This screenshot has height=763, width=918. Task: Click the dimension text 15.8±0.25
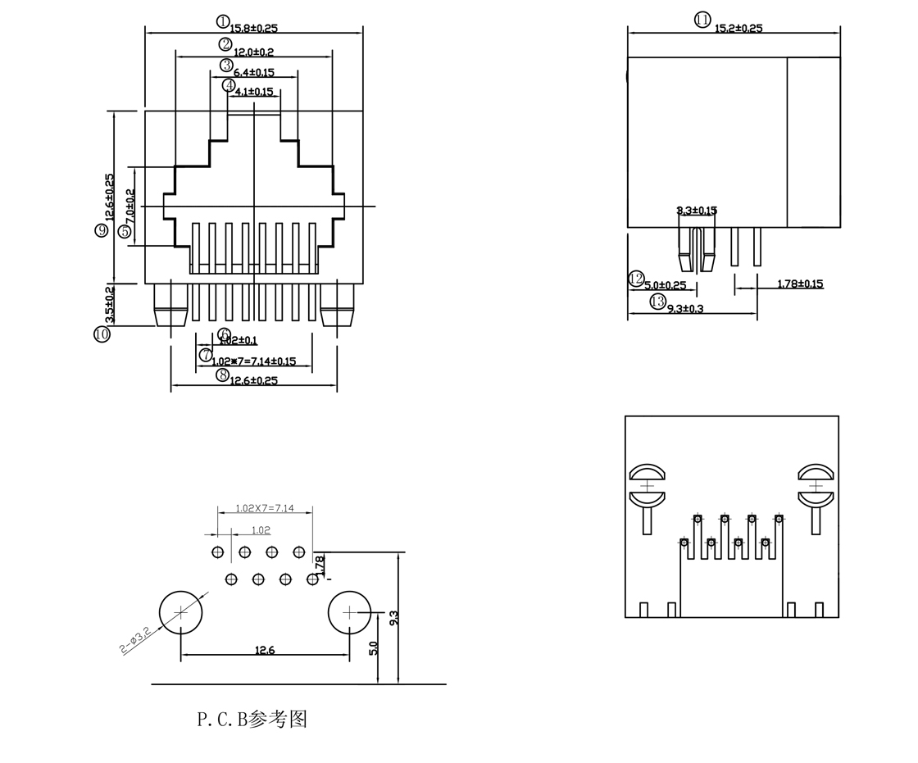coord(253,29)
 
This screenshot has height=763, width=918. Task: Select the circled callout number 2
coord(225,44)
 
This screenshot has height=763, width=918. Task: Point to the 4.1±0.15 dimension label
coord(254,92)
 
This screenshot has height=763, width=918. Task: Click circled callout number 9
coord(102,230)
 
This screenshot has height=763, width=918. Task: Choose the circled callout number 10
coord(102,334)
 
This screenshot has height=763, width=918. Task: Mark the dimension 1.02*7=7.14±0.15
coord(253,361)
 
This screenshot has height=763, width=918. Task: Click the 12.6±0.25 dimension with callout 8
coord(253,380)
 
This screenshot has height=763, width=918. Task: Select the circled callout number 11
coord(702,20)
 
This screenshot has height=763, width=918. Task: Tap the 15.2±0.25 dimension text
coord(738,29)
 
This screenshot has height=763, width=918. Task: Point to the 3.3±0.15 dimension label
coord(697,211)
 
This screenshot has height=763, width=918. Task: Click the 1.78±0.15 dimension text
coord(800,284)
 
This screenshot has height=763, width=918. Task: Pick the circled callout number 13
coord(657,302)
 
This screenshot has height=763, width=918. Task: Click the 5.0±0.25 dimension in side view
coord(665,285)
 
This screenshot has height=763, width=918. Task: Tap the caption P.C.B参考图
coord(252,719)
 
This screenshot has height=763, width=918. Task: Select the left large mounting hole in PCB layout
coord(181,613)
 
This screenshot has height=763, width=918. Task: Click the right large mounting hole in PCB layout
coord(350,612)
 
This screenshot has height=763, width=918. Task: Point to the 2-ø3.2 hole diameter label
coord(135,639)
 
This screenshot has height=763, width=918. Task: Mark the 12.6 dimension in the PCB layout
coord(265,650)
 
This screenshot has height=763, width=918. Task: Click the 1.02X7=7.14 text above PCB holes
coord(264,508)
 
